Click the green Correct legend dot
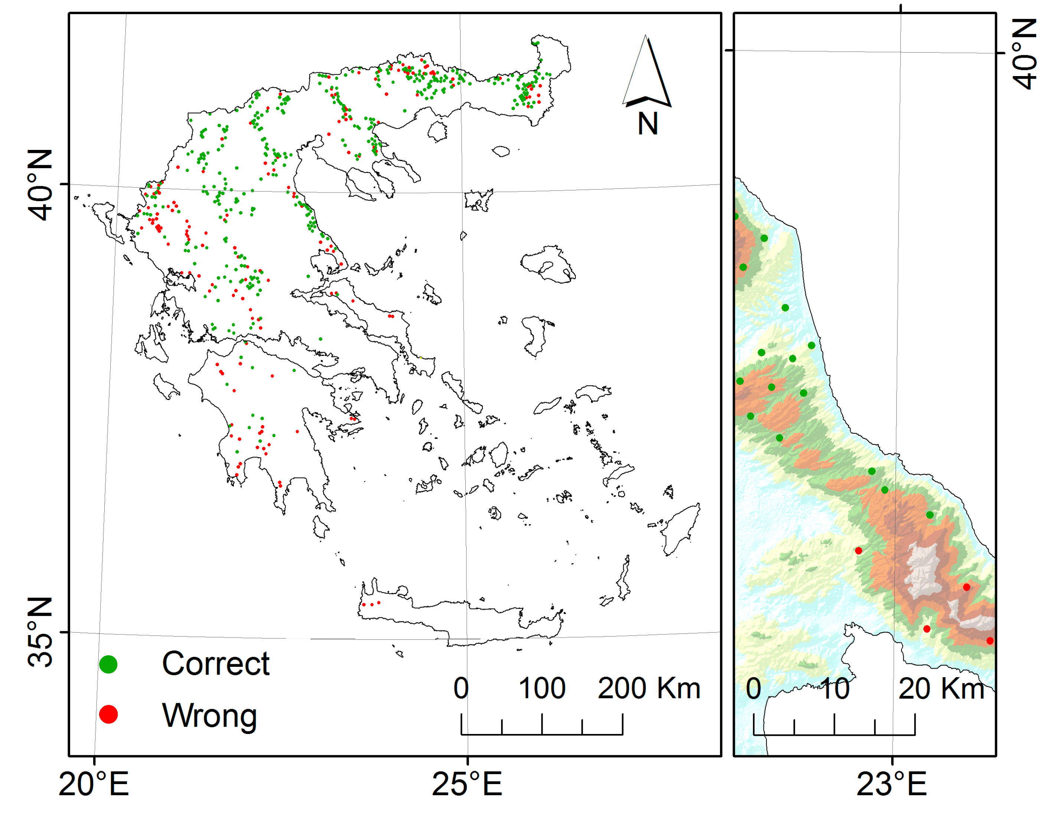pos(108,664)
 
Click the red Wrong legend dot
pos(108,714)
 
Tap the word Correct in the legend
pos(215,663)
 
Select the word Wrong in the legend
pos(210,715)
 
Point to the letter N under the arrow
pos(648,124)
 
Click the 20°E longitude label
pos(94,784)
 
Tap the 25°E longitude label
pos(467,784)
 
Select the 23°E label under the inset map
pos(891,784)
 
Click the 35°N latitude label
pos(40,632)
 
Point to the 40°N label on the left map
pos(40,184)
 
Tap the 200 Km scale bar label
pos(648,688)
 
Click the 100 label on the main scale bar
pos(542,688)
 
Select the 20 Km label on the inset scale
pos(941,688)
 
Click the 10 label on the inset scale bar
pos(835,689)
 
